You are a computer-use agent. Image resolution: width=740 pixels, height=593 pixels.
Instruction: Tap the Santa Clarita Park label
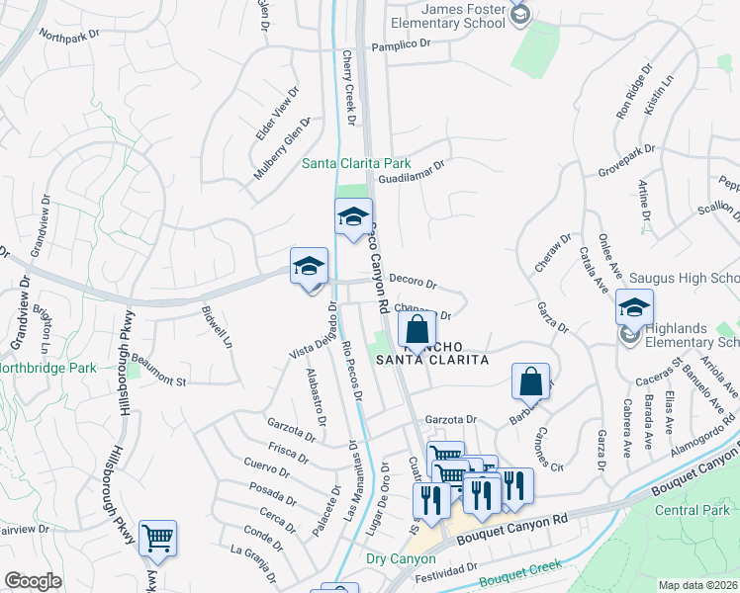[356, 163]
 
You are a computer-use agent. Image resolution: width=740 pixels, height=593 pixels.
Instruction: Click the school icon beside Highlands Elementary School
[627, 335]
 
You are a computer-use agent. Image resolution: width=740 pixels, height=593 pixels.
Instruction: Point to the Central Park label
[698, 511]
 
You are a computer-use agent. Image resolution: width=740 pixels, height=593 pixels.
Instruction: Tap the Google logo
[33, 581]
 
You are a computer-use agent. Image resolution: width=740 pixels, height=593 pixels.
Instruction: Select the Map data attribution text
[698, 585]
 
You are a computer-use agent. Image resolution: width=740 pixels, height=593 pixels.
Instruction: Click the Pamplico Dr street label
[401, 45]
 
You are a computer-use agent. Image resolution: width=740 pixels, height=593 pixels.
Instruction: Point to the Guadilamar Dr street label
[412, 173]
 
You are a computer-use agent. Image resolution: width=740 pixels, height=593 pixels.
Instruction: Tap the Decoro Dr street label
[412, 280]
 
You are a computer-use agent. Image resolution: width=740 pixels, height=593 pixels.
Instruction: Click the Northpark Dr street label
[70, 35]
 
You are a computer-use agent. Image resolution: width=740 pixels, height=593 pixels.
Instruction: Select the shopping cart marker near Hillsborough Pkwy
[157, 539]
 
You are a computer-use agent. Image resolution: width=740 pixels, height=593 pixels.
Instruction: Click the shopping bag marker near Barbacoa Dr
[531, 381]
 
